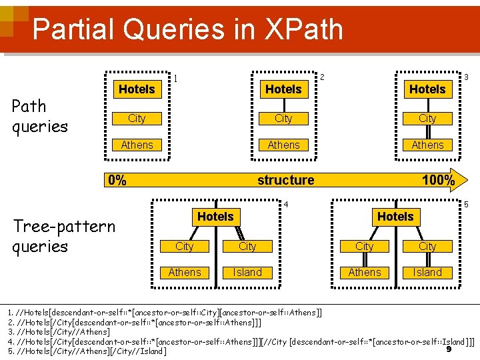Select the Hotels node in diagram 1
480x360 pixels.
tap(137, 89)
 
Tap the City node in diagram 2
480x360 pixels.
tap(283, 118)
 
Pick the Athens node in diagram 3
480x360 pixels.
tap(427, 145)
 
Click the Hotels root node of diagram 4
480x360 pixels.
tap(215, 217)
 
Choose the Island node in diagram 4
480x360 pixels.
tap(247, 272)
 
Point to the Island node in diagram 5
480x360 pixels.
tap(427, 272)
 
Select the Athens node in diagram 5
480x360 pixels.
tap(365, 272)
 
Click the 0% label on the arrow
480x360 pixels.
tap(117, 180)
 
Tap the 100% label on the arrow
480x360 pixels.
tap(438, 180)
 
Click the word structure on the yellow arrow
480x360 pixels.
tap(285, 180)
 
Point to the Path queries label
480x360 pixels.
tap(40, 116)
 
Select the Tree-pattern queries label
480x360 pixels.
tap(64, 236)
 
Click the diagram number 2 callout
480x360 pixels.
tap(322, 77)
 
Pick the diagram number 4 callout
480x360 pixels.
tap(285, 204)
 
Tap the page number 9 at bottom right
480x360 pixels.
tap(449, 349)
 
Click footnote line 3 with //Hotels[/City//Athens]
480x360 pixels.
tap(59, 331)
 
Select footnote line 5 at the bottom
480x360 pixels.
tap(87, 351)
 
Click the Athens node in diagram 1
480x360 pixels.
tap(137, 145)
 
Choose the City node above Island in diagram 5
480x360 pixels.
tap(427, 246)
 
